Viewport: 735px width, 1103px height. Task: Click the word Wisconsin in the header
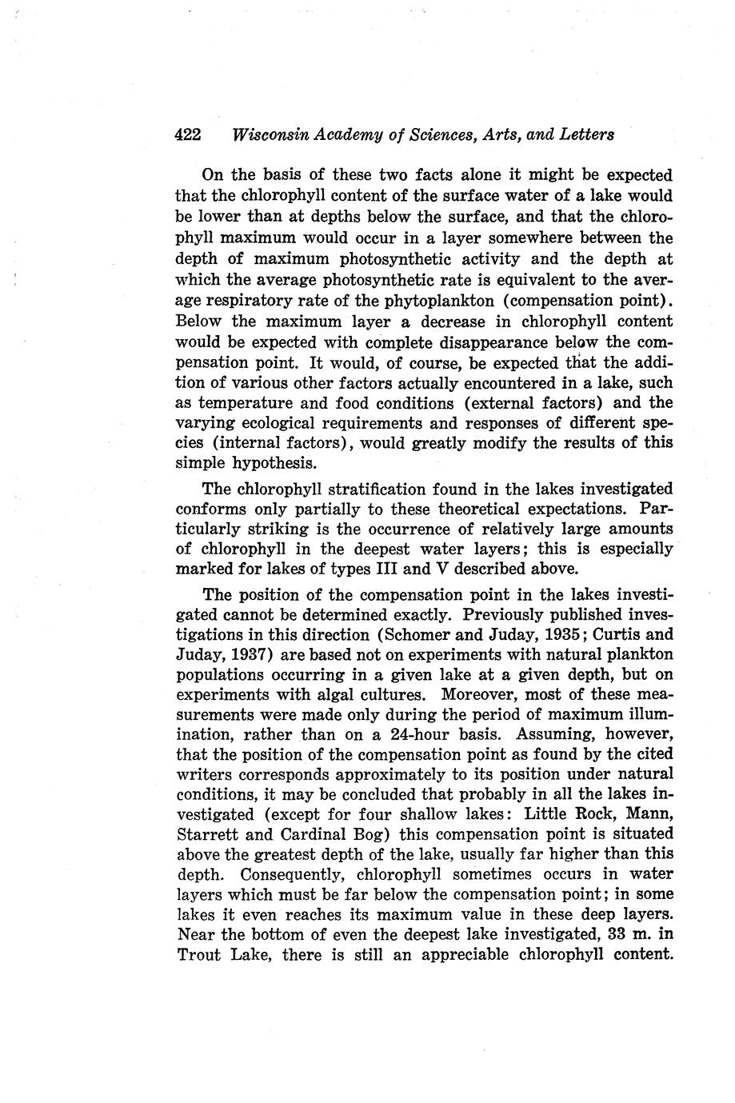click(x=268, y=134)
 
